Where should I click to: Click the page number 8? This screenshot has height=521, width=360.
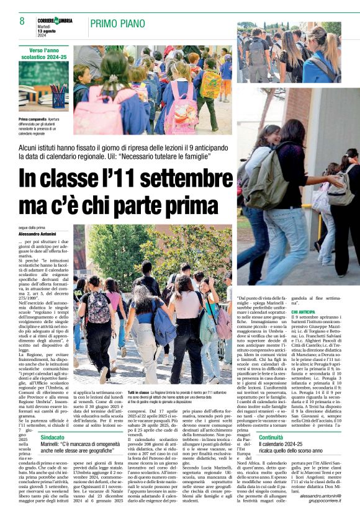coord(22,21)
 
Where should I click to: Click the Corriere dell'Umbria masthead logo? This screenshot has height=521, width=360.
coord(55,21)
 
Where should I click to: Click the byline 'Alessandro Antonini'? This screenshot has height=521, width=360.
coord(37,233)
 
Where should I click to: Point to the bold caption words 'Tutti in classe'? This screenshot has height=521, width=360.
coord(138,393)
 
